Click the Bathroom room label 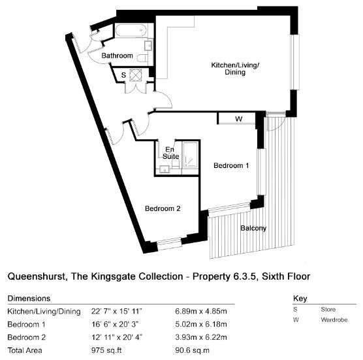click(x=117, y=56)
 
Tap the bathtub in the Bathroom click(x=131, y=30)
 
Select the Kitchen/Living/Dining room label click(x=235, y=69)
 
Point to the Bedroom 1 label click(x=231, y=165)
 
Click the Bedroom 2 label click(x=163, y=208)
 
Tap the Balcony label click(x=253, y=228)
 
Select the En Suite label click(x=171, y=153)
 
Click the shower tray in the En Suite click(x=190, y=155)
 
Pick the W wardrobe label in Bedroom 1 click(x=239, y=119)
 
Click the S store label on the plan click(x=123, y=75)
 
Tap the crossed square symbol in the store click(x=136, y=75)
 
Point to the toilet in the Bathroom click(x=142, y=58)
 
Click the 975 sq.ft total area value click(x=106, y=350)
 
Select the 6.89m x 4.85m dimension click(x=201, y=311)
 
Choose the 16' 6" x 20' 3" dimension click(x=115, y=324)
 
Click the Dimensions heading click(x=29, y=299)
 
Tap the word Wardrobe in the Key click(x=334, y=320)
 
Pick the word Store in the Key click(x=328, y=309)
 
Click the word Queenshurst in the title click(x=37, y=276)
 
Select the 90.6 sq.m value click(x=192, y=350)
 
